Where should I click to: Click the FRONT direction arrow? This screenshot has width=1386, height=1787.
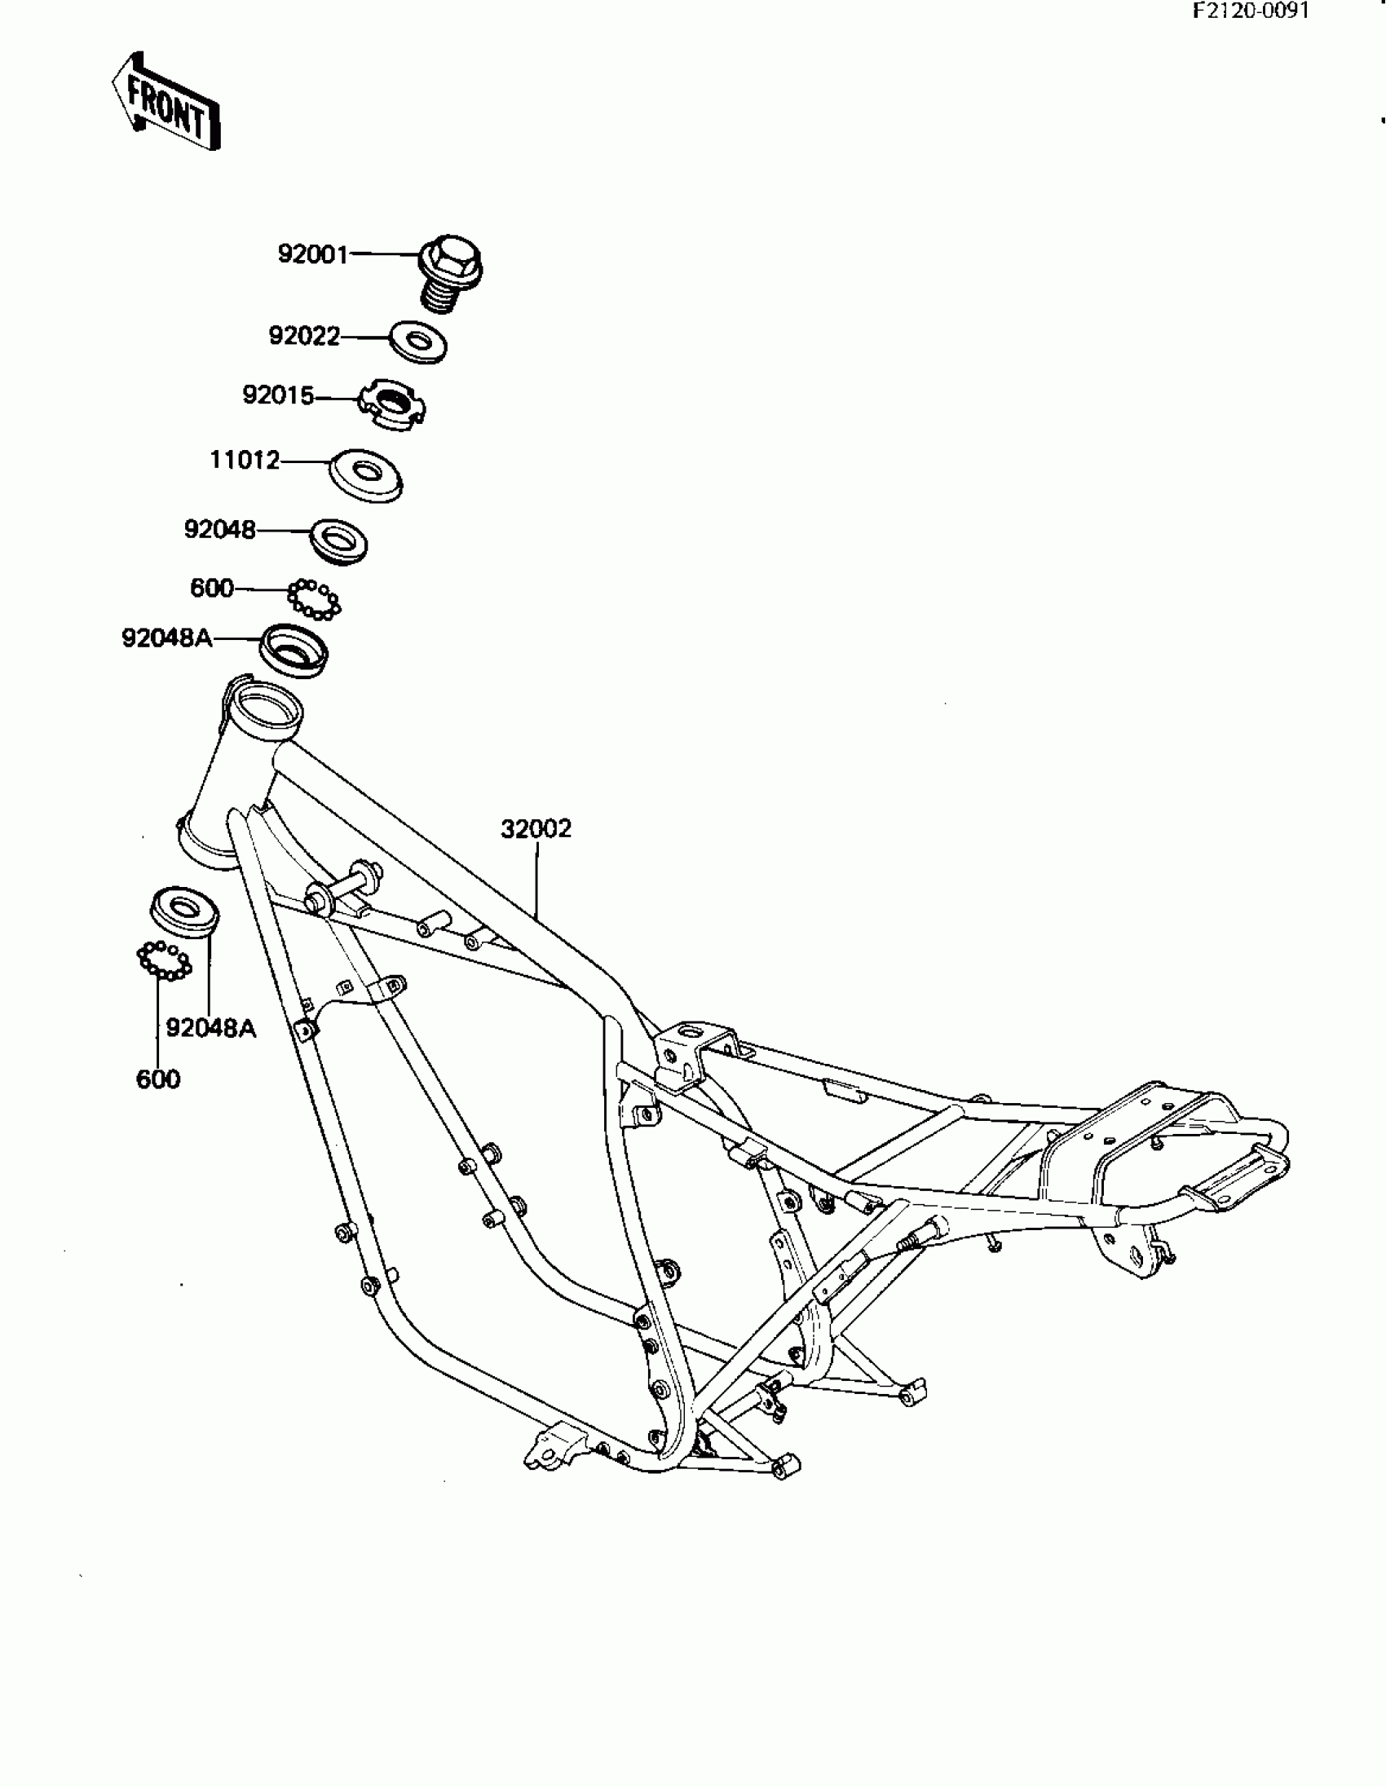(167, 103)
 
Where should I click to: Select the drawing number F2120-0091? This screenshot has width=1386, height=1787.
(1251, 11)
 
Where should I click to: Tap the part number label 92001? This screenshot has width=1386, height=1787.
(312, 254)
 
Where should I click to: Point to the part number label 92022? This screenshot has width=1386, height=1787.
(304, 336)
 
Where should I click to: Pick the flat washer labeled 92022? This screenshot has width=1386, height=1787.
(418, 342)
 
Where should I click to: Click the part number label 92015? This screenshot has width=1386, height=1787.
(278, 396)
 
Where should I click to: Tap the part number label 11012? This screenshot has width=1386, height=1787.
(245, 461)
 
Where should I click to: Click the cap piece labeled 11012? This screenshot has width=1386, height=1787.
(366, 475)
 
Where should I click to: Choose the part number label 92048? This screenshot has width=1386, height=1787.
(219, 530)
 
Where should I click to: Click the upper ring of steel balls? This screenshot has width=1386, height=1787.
(314, 599)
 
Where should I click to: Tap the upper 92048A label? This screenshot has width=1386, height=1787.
(166, 638)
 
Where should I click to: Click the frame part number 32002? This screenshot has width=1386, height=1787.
(536, 829)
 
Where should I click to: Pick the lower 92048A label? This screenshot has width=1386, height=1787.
(211, 1029)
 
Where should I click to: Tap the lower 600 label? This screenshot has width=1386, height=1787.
(158, 1079)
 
